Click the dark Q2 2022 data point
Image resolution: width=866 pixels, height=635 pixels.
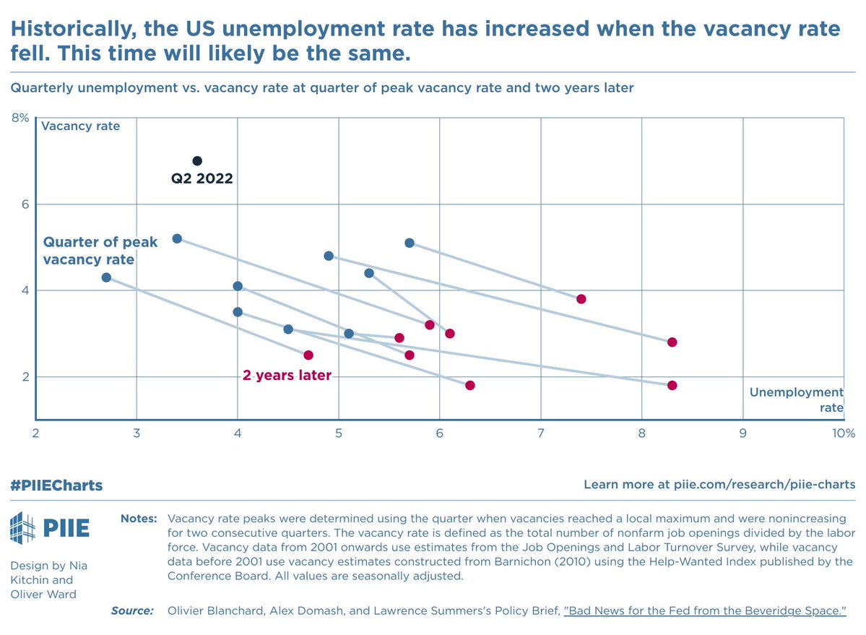tap(197, 160)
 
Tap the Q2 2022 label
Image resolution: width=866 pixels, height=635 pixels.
tap(202, 178)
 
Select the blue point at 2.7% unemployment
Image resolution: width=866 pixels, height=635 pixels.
tap(106, 277)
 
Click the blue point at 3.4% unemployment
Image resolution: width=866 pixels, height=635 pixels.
tap(177, 238)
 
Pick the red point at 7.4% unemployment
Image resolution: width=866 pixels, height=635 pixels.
tap(581, 299)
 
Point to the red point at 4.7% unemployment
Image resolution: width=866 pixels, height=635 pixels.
tap(308, 355)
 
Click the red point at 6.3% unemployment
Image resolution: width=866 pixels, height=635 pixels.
tap(470, 385)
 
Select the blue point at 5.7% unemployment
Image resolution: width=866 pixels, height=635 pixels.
tap(410, 243)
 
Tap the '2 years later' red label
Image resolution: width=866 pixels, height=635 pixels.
tap(287, 376)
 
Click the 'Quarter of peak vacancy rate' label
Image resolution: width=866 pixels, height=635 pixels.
tap(90, 251)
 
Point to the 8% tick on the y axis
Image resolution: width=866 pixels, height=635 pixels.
tap(20, 117)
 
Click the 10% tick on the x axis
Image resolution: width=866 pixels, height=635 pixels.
tap(842, 433)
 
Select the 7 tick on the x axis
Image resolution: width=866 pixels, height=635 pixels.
tap(540, 433)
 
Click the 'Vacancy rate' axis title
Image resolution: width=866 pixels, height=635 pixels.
tap(80, 126)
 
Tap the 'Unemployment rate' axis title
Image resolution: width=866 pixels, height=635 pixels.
tap(797, 399)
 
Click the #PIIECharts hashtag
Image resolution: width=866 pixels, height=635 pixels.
tap(56, 485)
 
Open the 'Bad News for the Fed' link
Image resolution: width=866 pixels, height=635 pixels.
tap(705, 611)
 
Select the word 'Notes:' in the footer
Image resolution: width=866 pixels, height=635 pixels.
tap(138, 519)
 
